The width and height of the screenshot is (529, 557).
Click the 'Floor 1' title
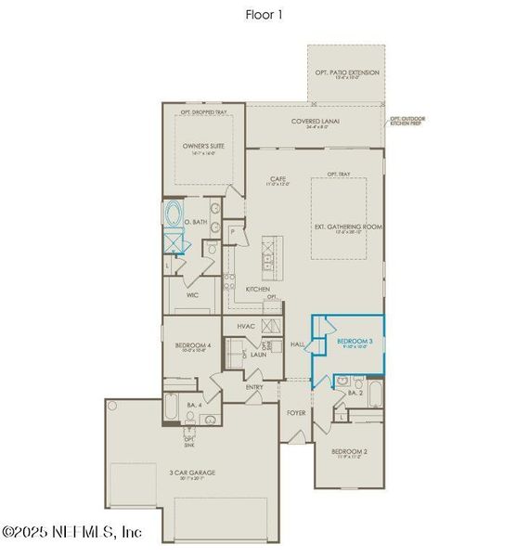pyautogui.click(x=264, y=15)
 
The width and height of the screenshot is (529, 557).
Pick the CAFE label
pyautogui.click(x=277, y=178)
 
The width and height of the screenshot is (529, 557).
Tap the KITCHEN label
pyautogui.click(x=257, y=289)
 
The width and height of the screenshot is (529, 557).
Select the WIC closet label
pyautogui.click(x=192, y=295)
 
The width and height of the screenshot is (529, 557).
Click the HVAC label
pyautogui.click(x=246, y=326)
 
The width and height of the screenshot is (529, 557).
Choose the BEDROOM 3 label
pyautogui.click(x=355, y=342)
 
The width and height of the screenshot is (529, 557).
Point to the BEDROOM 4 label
pyautogui.click(x=193, y=345)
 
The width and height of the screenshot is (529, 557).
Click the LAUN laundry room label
pyautogui.click(x=258, y=355)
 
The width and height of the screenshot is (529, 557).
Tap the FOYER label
pyautogui.click(x=295, y=412)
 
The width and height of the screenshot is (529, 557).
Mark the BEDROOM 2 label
pyautogui.click(x=350, y=452)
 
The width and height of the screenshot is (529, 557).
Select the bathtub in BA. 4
pyautogui.click(x=173, y=407)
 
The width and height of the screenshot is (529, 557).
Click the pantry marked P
pyautogui.click(x=232, y=229)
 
